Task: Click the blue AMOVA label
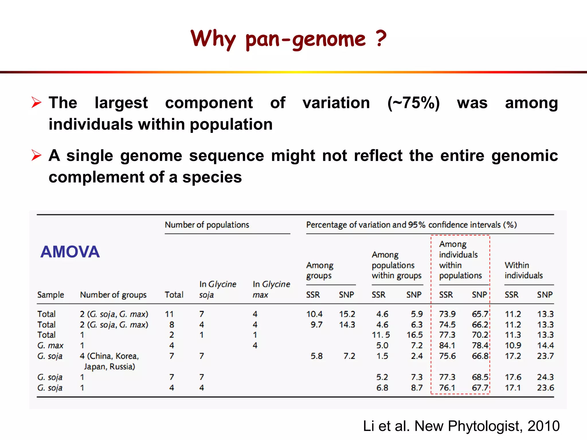point(70,252)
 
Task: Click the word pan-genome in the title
point(306,39)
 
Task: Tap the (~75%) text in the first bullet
point(413,103)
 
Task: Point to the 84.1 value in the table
point(447,345)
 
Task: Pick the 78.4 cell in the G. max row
point(480,345)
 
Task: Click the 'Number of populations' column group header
point(207,225)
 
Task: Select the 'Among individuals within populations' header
point(460,260)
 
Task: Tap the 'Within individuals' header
point(523,270)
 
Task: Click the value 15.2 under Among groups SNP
point(347,314)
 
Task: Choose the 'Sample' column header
point(50,295)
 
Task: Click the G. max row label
point(50,345)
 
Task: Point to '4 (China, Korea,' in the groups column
point(109,356)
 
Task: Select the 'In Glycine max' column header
point(271,289)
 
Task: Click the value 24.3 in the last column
point(545,377)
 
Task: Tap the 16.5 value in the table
point(414,335)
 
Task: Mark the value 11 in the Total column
point(169,314)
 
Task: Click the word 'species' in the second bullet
point(212,177)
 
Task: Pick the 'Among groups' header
point(320,270)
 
